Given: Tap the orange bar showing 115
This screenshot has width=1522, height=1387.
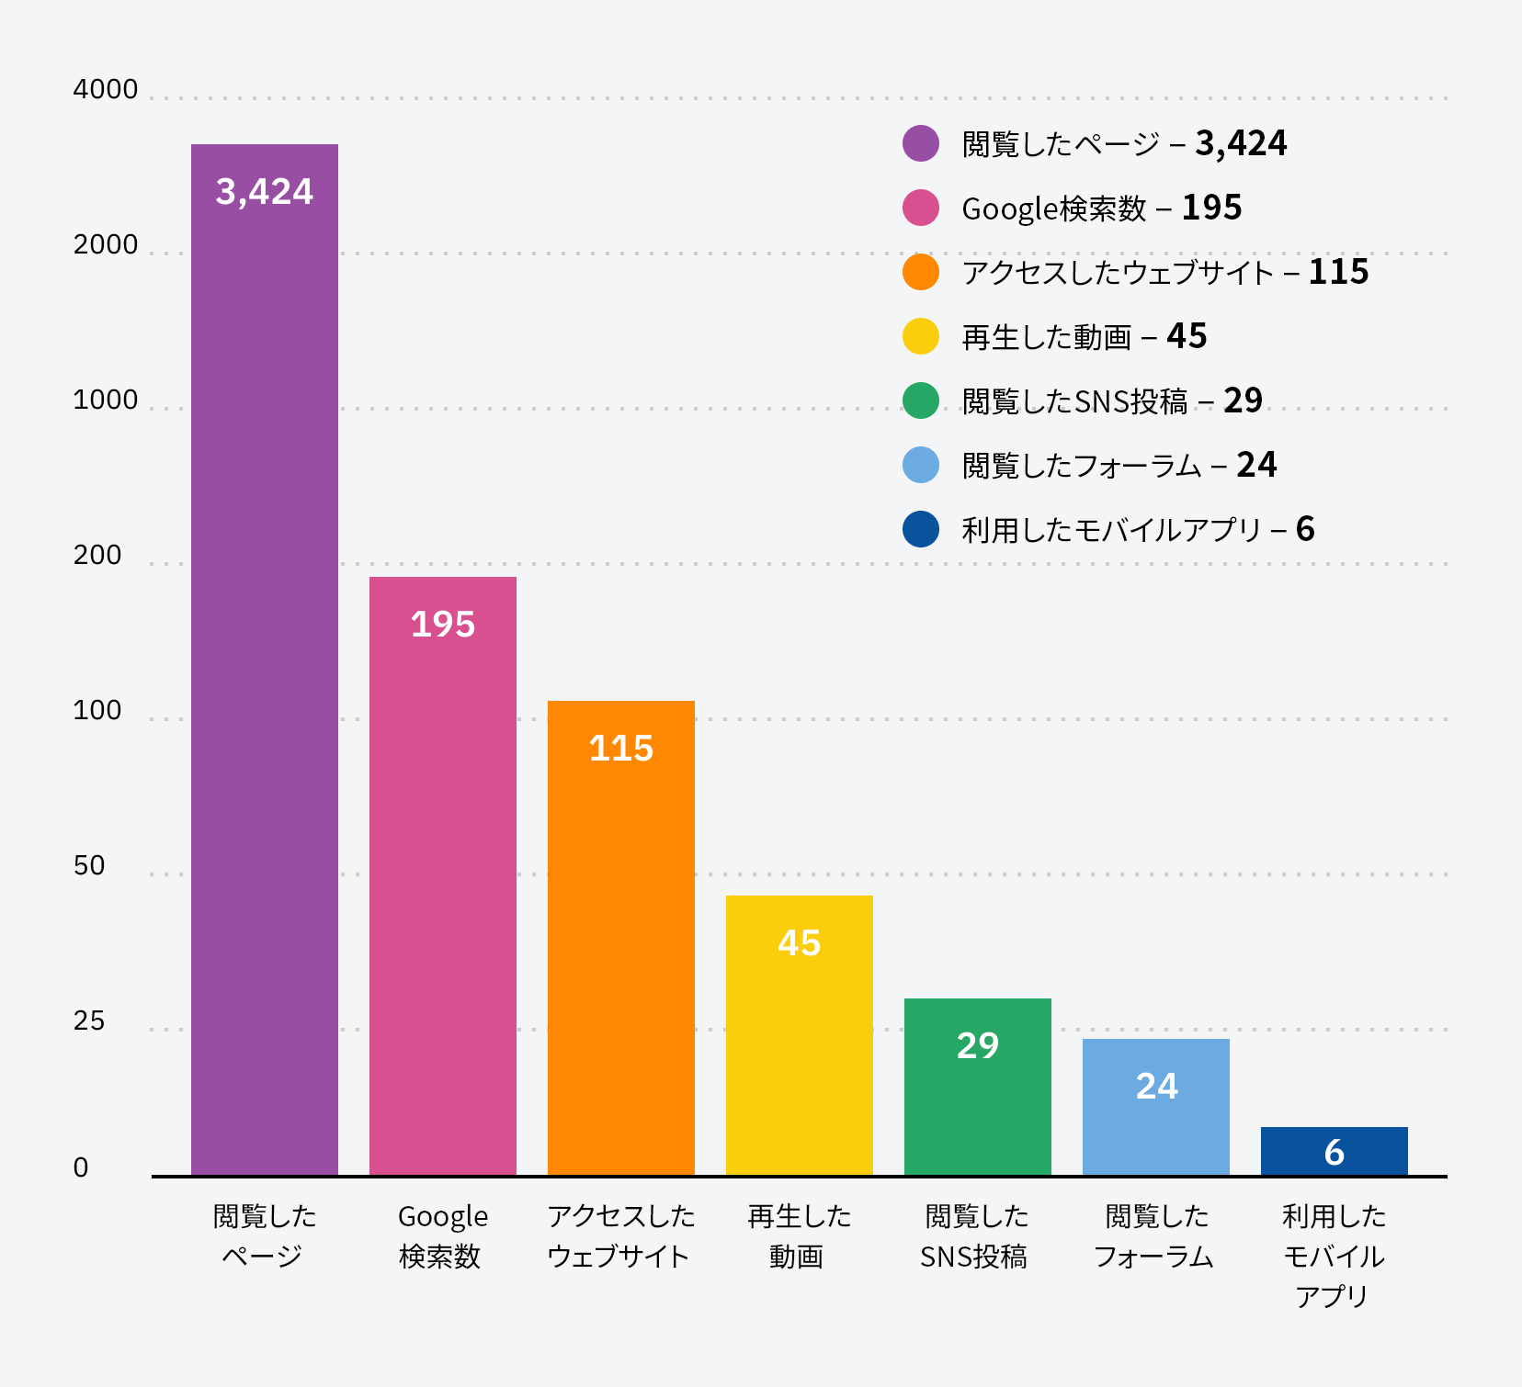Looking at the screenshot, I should (621, 937).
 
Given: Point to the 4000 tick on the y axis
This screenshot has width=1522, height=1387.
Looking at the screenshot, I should (106, 90).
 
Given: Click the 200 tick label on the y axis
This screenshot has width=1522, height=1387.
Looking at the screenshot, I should (97, 556).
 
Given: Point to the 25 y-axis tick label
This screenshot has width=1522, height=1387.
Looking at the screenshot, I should (89, 1021).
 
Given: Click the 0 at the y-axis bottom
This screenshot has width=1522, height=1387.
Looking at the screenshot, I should (81, 1167).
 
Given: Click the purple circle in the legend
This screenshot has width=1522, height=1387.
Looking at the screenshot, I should (921, 143).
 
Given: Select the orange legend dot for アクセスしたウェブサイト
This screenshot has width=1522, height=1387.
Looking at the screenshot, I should (921, 272).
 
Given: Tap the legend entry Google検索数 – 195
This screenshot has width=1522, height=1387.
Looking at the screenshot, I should (1101, 209).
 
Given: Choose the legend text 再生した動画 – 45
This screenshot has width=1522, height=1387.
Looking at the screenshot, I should (1084, 337).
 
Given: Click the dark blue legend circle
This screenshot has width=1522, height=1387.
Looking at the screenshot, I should (921, 529).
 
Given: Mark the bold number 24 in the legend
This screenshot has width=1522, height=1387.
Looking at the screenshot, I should (1256, 465).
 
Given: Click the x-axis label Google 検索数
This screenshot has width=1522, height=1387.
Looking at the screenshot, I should (442, 1236).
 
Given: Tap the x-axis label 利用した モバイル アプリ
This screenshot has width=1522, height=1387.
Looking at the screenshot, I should (1334, 1256).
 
